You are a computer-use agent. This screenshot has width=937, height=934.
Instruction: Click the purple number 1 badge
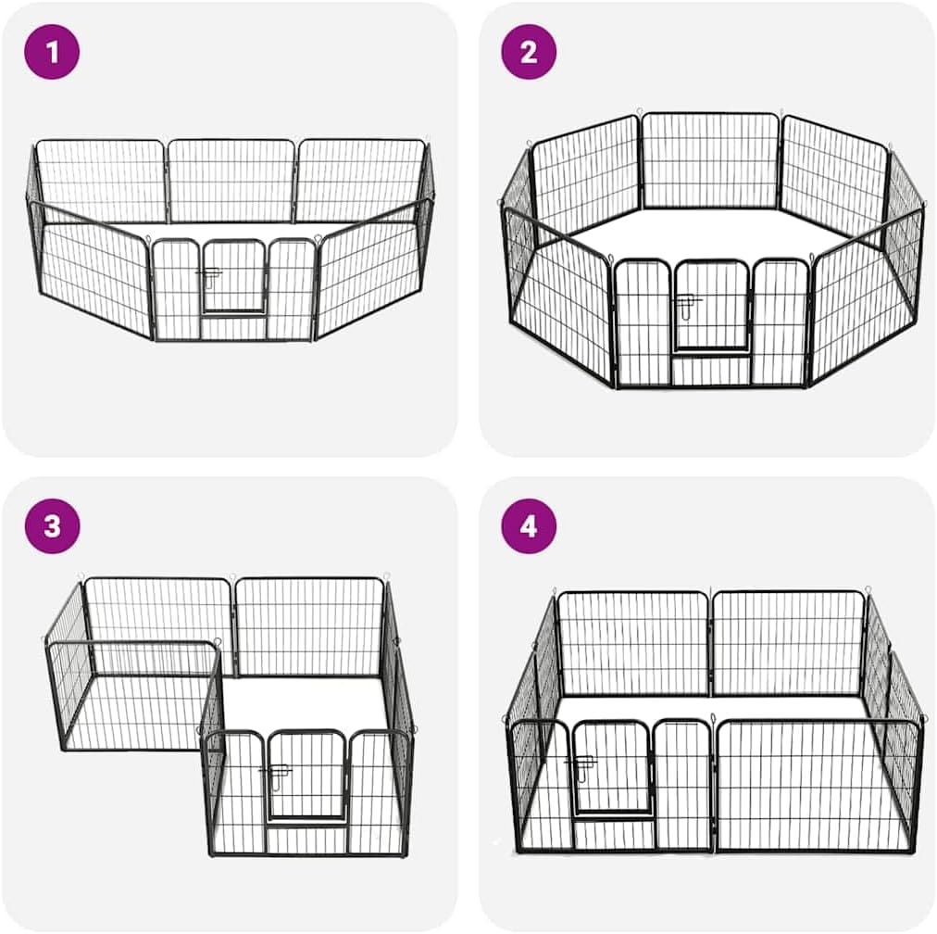click(52, 51)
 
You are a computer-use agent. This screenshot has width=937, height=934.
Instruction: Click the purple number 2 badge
click(529, 51)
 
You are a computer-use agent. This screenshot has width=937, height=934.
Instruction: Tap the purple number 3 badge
click(52, 525)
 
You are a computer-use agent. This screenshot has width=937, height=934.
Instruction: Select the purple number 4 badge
click(529, 527)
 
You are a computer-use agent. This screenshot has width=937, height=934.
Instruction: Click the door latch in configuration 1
click(210, 274)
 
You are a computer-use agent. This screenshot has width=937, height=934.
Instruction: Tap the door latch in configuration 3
click(276, 771)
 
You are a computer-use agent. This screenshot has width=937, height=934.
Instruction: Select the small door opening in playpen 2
click(710, 306)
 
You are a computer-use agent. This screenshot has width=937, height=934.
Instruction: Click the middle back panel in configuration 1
click(231, 181)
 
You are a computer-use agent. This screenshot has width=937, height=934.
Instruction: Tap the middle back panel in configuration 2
click(710, 160)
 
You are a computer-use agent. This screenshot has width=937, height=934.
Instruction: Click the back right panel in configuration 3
click(309, 627)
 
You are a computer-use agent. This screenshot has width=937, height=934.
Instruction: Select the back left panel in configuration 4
click(633, 643)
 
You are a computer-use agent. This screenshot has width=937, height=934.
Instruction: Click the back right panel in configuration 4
click(788, 643)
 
